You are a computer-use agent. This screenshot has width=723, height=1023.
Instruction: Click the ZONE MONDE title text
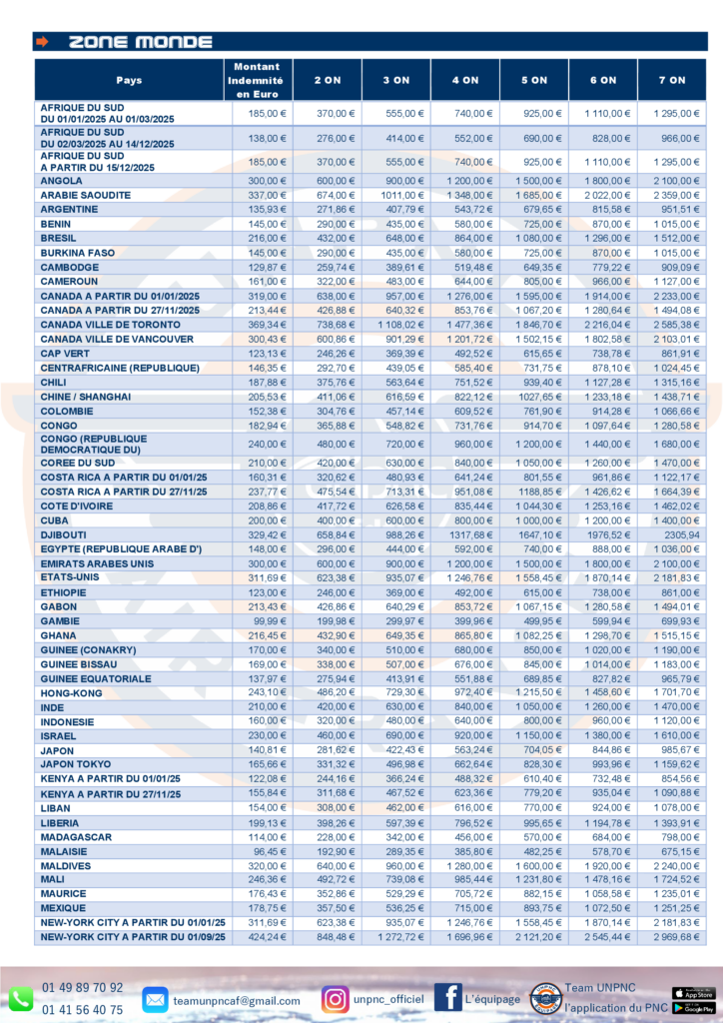click(x=140, y=42)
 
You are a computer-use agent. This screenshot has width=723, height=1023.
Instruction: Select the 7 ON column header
click(x=671, y=80)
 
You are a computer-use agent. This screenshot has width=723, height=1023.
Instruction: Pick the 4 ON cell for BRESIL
click(x=464, y=239)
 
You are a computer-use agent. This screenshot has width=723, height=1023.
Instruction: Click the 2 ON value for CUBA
click(x=327, y=520)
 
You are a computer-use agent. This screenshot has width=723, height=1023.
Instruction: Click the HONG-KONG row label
click(x=71, y=693)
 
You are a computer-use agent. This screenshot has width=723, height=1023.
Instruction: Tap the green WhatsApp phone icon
click(x=21, y=998)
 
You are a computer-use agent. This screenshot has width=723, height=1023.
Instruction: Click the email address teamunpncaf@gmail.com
click(x=236, y=1000)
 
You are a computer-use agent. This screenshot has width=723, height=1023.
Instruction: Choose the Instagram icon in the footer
click(x=336, y=998)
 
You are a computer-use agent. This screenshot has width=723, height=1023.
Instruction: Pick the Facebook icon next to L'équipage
click(x=447, y=997)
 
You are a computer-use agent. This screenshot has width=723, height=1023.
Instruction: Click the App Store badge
click(x=693, y=992)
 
